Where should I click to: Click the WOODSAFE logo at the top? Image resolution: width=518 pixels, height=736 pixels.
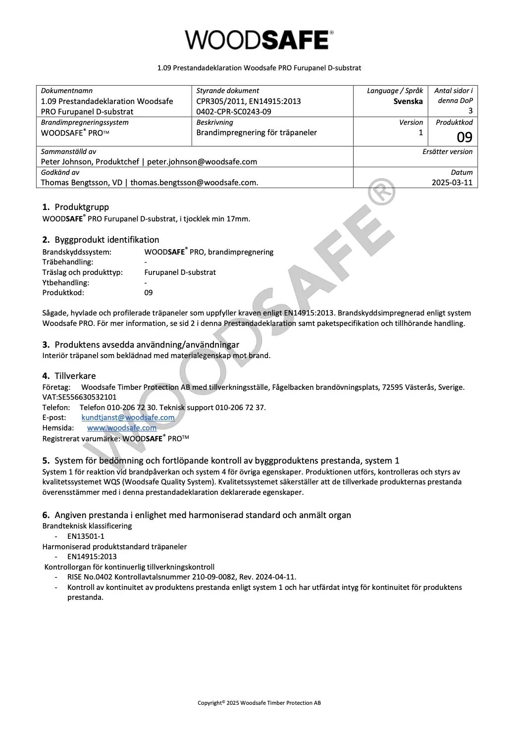tap(259, 40)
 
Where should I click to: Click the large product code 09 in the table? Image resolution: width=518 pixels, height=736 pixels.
tap(464, 137)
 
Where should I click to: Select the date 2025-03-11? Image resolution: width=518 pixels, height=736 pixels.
tap(452, 182)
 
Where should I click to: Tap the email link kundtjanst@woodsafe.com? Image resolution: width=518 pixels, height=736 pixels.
tap(128, 418)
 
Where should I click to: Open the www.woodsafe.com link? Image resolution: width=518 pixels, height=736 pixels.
tap(122, 428)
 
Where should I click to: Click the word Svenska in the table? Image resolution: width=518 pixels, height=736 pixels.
tap(408, 101)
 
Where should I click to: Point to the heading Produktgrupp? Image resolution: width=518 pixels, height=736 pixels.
tap(82, 207)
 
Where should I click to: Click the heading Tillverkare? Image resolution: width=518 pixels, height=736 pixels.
tap(75, 376)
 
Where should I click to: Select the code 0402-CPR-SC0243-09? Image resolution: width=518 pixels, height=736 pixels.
tap(234, 111)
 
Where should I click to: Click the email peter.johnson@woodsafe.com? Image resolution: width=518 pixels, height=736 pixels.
tap(202, 161)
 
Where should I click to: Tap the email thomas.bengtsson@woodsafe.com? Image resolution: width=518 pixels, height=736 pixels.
tap(194, 182)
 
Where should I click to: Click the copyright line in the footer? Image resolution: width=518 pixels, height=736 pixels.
tap(259, 703)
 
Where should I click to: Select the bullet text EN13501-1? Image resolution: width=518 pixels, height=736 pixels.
tap(86, 536)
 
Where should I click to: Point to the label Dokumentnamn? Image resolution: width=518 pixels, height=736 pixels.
tap(66, 91)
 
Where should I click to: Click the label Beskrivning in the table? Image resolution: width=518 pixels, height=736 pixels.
tap(214, 122)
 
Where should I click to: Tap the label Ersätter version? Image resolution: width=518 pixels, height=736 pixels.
tap(447, 152)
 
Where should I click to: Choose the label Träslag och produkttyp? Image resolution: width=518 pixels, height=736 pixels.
tap(82, 272)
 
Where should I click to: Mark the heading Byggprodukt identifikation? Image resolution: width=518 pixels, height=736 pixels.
tap(107, 240)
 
